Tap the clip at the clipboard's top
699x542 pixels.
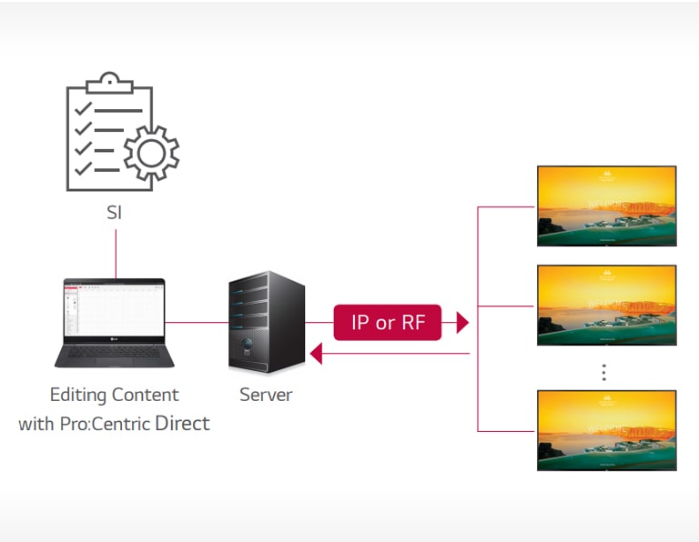(109, 80)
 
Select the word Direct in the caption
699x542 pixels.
(182, 423)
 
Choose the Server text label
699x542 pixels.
(266, 396)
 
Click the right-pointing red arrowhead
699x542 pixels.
(462, 322)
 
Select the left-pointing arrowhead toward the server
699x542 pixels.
(316, 353)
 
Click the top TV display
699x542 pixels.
(606, 206)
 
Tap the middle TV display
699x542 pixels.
(606, 306)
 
